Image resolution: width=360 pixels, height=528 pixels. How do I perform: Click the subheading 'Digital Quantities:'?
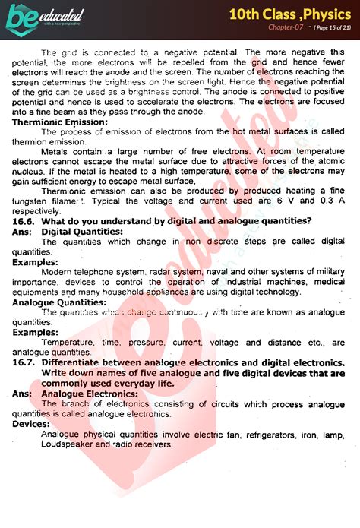coord(81,231)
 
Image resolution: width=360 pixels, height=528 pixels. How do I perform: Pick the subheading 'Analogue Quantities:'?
coord(58,302)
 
